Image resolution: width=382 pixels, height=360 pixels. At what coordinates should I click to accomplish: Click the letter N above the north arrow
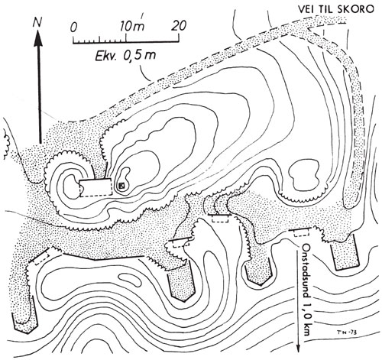coord(37,23)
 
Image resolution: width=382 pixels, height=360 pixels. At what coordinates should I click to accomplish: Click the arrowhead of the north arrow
coord(38,39)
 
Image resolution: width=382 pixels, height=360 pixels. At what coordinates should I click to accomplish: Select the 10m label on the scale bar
coord(132,25)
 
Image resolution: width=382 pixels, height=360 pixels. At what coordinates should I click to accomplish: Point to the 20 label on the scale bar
coord(179,25)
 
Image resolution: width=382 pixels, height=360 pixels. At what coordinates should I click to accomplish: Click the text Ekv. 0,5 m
coord(125,55)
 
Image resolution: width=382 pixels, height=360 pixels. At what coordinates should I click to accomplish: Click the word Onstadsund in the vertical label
coord(306,271)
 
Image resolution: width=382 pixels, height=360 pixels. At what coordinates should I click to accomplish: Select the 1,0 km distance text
coord(306,318)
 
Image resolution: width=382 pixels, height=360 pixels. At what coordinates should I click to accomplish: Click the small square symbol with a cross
coord(122,186)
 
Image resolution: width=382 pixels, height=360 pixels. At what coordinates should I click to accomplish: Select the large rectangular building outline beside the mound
coord(95,187)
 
